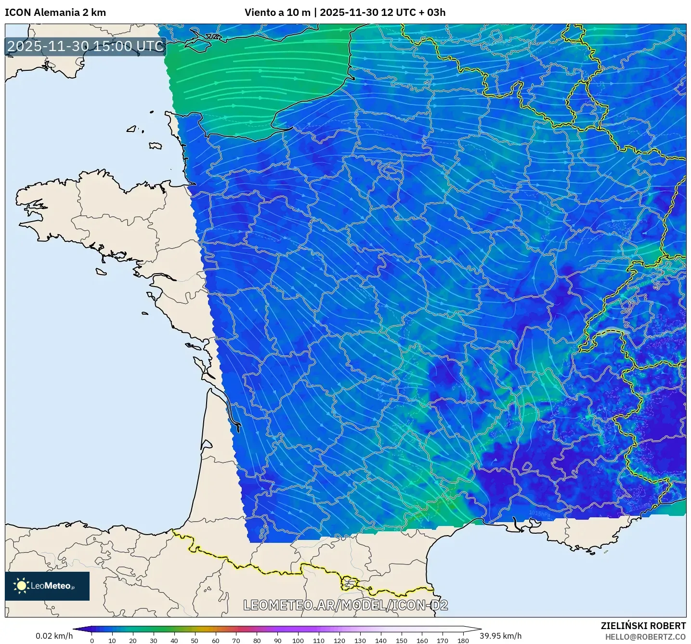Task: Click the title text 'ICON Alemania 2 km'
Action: (55, 13)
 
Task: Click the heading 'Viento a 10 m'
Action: (277, 13)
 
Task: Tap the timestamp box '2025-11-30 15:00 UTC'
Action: (86, 46)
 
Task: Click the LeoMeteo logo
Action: (47, 586)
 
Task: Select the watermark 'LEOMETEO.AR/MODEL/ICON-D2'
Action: (345, 605)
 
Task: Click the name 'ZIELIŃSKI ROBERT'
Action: (643, 626)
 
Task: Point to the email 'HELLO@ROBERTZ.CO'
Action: (645, 637)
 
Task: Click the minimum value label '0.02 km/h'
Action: (54, 636)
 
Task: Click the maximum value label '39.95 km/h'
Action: (500, 636)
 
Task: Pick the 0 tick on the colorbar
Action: (92, 640)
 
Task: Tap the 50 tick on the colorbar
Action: (195, 640)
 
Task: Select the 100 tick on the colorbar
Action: (298, 640)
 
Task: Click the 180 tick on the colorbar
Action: (463, 640)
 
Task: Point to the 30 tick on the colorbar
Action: (153, 640)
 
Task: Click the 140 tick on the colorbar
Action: (380, 640)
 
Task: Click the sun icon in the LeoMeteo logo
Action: (21, 586)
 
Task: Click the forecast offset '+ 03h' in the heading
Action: (432, 13)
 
